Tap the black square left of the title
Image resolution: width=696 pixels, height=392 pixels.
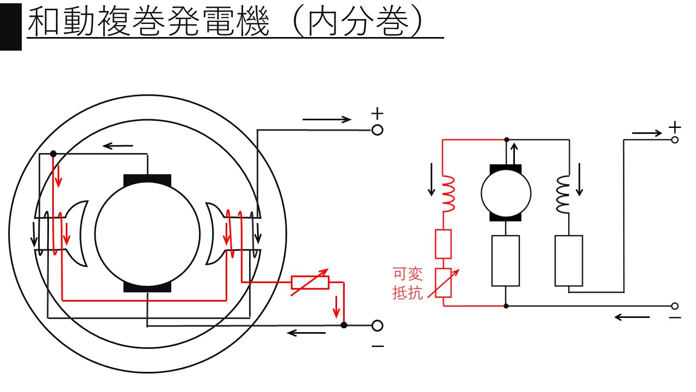(10, 26)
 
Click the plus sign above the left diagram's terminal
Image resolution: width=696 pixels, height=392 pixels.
(377, 114)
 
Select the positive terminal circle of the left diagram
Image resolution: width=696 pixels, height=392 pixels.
(377, 130)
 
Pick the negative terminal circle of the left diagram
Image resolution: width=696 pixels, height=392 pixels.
(377, 326)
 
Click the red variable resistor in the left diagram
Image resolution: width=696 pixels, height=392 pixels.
(310, 282)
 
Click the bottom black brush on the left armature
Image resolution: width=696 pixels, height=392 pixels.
(147, 286)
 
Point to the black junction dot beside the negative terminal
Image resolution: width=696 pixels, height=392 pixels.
(344, 326)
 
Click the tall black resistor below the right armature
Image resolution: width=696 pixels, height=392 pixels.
(506, 260)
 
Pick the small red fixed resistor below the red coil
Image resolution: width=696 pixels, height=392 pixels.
(444, 244)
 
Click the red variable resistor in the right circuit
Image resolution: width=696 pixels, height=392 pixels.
(444, 283)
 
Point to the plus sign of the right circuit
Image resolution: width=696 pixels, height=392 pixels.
(675, 127)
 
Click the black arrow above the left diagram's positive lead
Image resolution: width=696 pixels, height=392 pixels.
(327, 119)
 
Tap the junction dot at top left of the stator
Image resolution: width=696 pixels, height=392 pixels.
(53, 154)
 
